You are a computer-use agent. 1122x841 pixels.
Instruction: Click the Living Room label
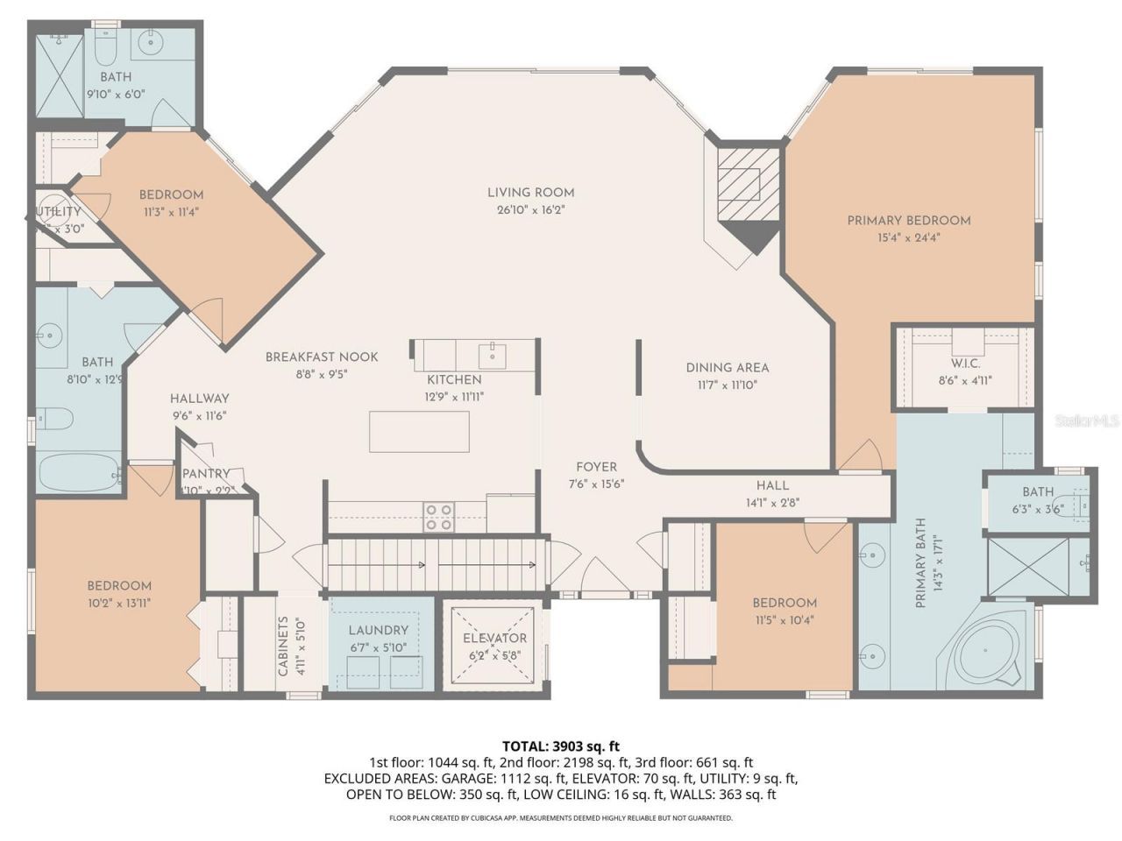point(530,193)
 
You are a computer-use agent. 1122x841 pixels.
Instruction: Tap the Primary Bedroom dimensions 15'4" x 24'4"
point(908,237)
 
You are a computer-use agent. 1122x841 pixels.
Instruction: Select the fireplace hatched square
point(748,184)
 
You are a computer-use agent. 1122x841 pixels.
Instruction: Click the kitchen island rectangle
point(419,431)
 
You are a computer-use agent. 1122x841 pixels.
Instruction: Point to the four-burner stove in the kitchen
point(439,517)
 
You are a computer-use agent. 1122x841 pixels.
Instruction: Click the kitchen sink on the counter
point(493,355)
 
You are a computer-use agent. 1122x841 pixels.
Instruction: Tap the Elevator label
point(495,639)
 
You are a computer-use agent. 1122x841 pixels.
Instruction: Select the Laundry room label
point(378,631)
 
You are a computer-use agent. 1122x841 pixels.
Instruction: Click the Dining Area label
point(727,368)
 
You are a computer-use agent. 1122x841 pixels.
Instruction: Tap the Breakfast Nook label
point(322,357)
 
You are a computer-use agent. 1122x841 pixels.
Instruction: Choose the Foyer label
point(596,467)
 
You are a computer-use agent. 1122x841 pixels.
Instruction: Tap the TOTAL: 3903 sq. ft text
point(560,746)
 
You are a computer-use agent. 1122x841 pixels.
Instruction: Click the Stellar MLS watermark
point(1087,421)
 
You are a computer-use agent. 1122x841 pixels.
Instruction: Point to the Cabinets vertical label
point(283,647)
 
